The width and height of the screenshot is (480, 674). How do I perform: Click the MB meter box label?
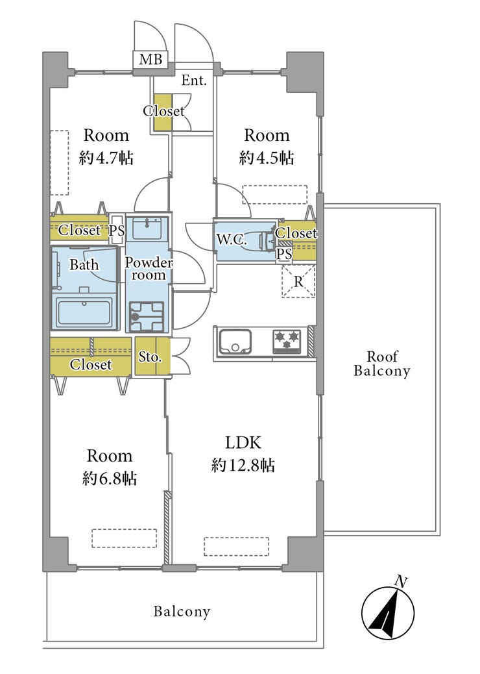pos(150,59)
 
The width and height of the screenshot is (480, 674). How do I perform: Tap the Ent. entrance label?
pos(194,80)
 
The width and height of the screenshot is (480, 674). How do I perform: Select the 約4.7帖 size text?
pos(106,158)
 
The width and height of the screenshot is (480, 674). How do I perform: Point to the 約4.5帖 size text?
pos(267,158)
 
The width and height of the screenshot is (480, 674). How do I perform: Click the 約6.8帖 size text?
pos(110,479)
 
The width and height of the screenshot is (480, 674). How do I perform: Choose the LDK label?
pos(243,442)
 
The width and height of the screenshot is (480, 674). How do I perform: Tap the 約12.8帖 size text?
pos(243,465)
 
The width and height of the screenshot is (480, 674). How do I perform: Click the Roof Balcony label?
pos(381,364)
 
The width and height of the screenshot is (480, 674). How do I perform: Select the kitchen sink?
pos(235,342)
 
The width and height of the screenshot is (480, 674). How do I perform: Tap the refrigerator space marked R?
pos(298,282)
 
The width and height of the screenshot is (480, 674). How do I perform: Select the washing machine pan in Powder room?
pos(147,316)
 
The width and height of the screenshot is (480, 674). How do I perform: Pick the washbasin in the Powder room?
pos(147,228)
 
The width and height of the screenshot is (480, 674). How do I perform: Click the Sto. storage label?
pos(150,356)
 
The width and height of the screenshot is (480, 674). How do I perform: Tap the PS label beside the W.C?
pos(284,254)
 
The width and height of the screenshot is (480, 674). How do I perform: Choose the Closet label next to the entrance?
pos(163,111)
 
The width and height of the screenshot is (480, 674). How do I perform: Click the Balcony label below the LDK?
pos(182,611)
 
